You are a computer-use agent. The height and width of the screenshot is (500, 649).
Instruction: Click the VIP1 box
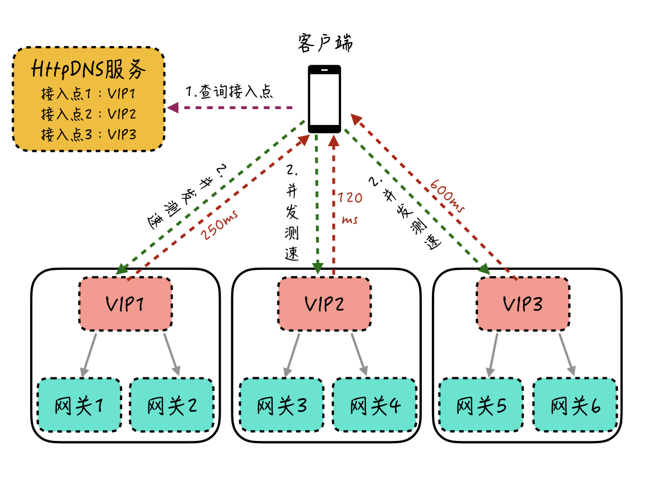coord(125,304)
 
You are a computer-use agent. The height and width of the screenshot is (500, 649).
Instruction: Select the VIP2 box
coord(324,304)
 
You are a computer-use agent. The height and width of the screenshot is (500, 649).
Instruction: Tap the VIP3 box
coord(523,304)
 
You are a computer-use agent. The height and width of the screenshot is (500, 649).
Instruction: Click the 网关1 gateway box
coord(79,405)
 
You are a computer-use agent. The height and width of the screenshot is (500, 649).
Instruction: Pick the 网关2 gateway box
coord(172,405)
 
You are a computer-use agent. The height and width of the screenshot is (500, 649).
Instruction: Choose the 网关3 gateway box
coord(281,405)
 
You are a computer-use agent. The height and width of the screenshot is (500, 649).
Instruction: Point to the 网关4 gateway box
coord(375,405)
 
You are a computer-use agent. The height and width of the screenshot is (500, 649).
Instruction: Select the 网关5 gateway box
coord(481,405)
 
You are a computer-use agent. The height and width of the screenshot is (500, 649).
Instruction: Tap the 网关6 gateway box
coord(575,405)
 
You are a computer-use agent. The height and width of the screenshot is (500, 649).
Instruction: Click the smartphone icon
coord(324,98)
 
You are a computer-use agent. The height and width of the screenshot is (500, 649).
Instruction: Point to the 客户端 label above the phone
coord(325,43)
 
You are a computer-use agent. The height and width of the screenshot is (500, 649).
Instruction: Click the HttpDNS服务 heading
coord(89,70)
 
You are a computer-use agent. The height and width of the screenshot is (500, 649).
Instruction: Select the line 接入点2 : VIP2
coord(89,114)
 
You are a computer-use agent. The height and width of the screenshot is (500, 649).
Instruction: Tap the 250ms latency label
coord(219,226)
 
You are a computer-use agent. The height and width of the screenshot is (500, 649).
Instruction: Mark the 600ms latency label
coord(448,195)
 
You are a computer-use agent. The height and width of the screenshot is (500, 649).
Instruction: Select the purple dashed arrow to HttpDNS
coord(230,107)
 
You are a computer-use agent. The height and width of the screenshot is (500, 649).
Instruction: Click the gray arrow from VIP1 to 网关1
coord(89,355)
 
